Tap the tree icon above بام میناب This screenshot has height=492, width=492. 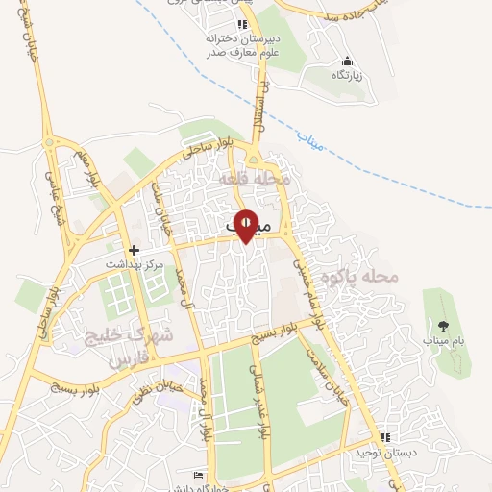tap(443, 327)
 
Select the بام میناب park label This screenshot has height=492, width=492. tap(444, 342)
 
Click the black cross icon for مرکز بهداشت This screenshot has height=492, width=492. tap(135, 249)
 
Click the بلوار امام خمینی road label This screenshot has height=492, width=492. tap(305, 280)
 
